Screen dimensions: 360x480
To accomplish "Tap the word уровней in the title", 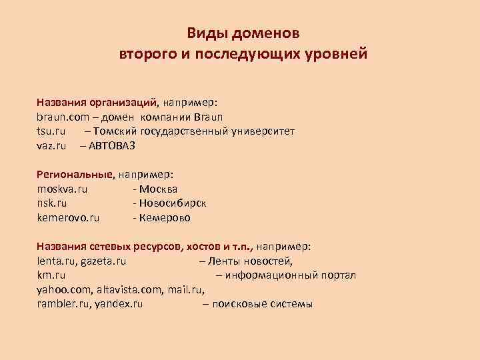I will point(335,53).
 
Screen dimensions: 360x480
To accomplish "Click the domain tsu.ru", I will point(51,131).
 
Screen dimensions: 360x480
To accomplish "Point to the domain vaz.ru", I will point(52,145).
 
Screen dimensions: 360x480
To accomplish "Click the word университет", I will point(263,131).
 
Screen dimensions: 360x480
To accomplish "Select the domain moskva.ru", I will point(63,189).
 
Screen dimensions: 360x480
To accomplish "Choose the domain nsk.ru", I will point(52,203).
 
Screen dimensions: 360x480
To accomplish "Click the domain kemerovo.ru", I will point(69,217).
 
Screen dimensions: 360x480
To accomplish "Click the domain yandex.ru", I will point(119,304).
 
